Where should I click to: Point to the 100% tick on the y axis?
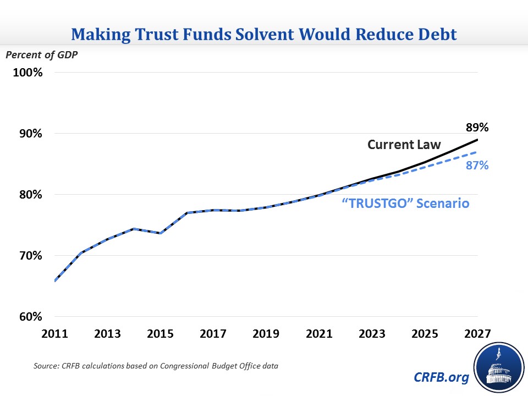pyautogui.click(x=28, y=73)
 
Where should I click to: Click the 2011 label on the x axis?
pyautogui.click(x=54, y=334)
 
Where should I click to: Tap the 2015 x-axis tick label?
pyautogui.click(x=160, y=334)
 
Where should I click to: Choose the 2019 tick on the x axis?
pyautogui.click(x=266, y=334)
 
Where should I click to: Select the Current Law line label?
pyautogui.click(x=404, y=145)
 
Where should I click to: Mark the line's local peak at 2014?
pyautogui.click(x=134, y=229)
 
